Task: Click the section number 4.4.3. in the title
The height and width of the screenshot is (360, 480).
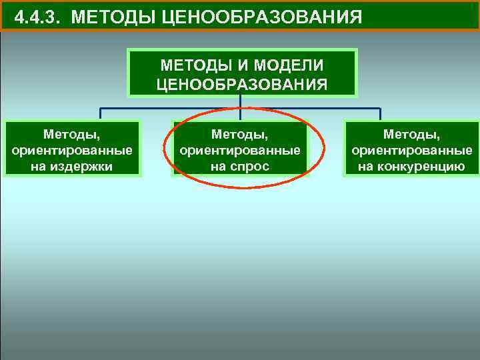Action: (38, 17)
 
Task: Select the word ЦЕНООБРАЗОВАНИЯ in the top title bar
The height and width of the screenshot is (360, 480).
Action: (262, 17)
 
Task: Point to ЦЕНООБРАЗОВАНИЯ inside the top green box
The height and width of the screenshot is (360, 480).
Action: (242, 84)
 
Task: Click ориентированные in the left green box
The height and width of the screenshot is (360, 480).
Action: (73, 151)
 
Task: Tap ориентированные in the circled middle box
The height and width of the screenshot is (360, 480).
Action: (240, 151)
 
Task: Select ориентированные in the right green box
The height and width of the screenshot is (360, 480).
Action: (412, 151)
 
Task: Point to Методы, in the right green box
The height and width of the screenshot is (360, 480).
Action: (412, 135)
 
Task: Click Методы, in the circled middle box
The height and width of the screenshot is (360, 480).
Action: (240, 135)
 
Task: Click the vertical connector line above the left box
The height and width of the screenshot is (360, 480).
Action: (101, 114)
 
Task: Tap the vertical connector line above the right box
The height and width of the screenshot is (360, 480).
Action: (379, 114)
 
